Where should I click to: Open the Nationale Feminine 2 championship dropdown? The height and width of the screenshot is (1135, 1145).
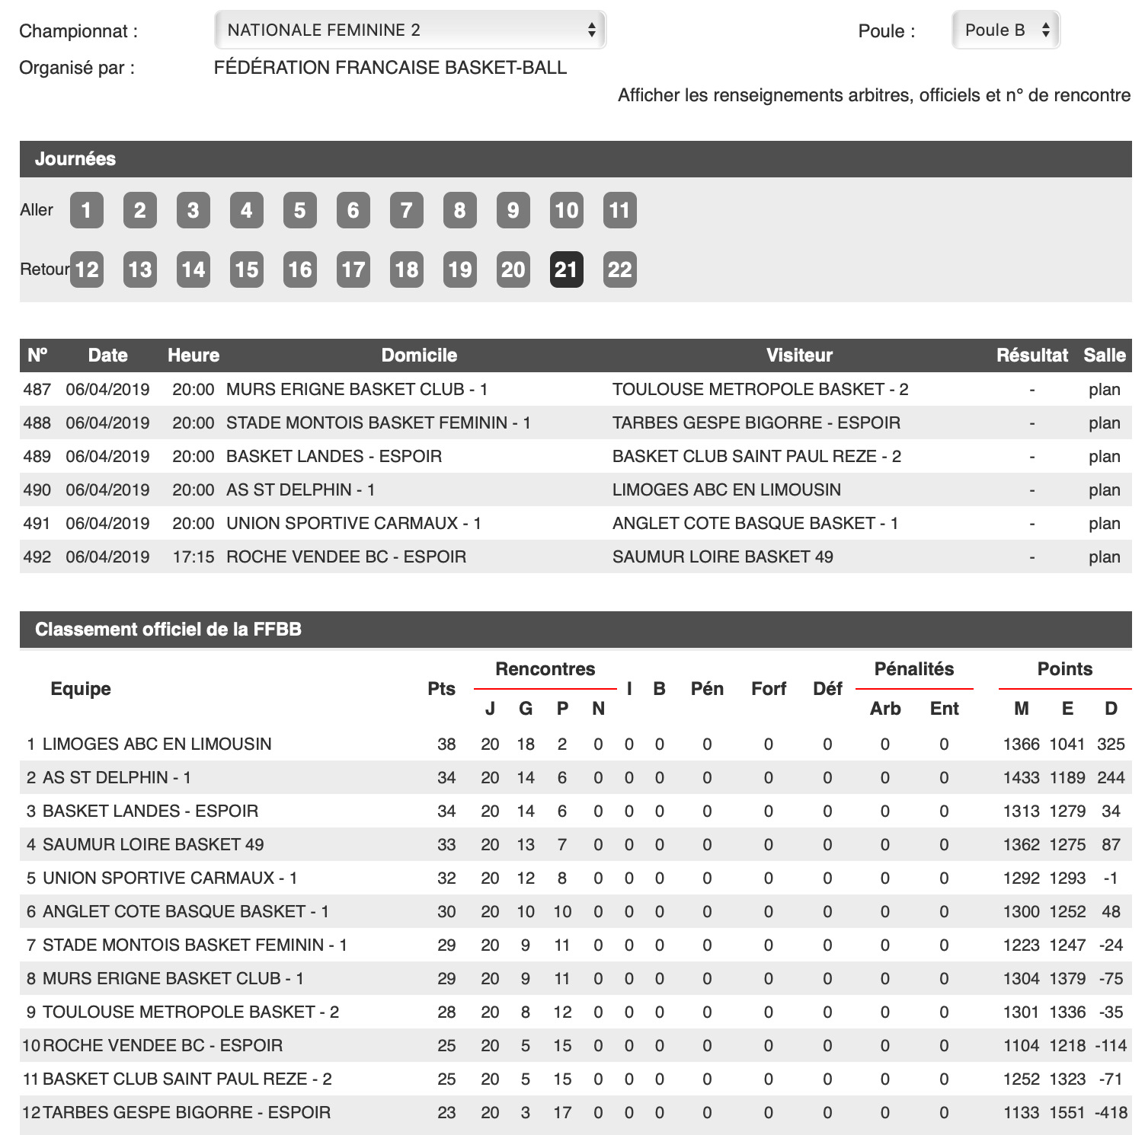[x=410, y=30]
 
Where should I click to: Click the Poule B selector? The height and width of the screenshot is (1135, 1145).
[x=1006, y=30]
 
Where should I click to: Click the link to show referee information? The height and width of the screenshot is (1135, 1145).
[x=874, y=95]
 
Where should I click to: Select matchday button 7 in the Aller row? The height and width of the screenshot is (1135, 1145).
[x=406, y=210]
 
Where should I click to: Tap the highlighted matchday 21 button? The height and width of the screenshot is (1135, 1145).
[x=566, y=269]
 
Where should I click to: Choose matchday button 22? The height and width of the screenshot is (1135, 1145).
[x=619, y=269]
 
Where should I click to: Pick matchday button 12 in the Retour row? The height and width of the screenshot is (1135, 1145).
[x=86, y=269]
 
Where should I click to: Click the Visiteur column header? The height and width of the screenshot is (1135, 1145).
[x=799, y=355]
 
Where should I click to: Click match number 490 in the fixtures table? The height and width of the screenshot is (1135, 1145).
[x=37, y=489]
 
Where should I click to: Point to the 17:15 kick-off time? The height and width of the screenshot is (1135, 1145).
[x=193, y=556]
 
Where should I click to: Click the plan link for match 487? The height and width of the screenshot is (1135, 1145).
[x=1104, y=389]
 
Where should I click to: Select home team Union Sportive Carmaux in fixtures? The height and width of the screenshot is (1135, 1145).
[x=353, y=523]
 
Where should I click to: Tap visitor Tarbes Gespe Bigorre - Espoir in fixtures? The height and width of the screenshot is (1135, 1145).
[x=756, y=422]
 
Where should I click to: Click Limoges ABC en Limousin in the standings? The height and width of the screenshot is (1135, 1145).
[x=157, y=744]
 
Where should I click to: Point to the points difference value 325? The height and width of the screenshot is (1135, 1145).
[x=1111, y=744]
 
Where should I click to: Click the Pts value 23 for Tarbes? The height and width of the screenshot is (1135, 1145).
[x=446, y=1112]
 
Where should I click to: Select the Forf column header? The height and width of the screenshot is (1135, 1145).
[x=768, y=689]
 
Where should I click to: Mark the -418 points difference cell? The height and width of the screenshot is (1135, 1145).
[x=1111, y=1112]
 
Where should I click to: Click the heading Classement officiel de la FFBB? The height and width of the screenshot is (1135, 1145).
[x=168, y=630]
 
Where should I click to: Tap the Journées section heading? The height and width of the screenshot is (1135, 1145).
[x=75, y=159]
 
